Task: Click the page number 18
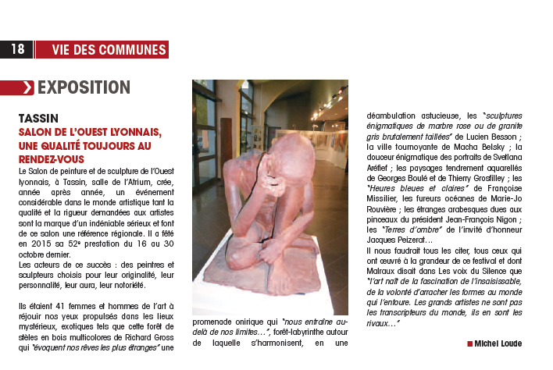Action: pyautogui.click(x=17, y=50)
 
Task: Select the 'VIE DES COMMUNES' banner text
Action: pyautogui.click(x=109, y=50)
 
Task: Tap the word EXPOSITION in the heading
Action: pyautogui.click(x=84, y=87)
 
